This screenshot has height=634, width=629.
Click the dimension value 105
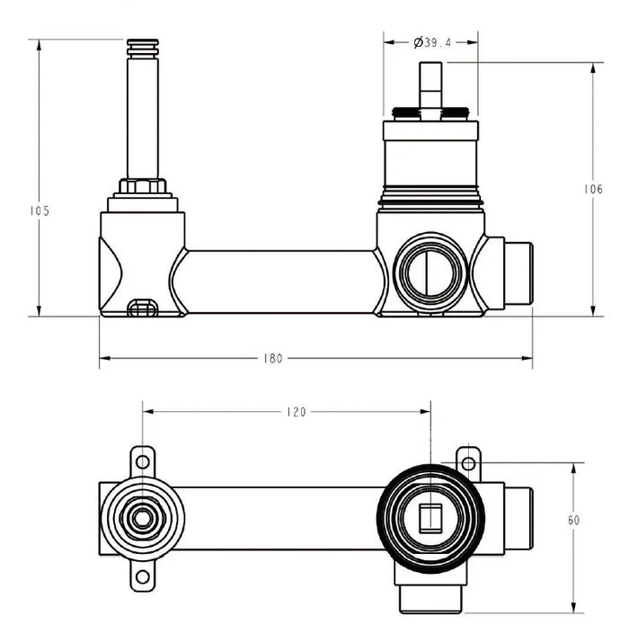point(39,211)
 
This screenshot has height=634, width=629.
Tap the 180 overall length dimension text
point(273,358)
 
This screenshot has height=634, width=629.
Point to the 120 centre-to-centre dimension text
point(296,412)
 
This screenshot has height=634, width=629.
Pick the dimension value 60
point(574,521)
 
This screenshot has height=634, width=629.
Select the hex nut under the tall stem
point(142,188)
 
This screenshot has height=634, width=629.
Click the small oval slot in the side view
point(143,308)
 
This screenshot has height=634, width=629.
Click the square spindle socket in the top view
point(430,519)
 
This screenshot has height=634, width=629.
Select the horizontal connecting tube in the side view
point(280,281)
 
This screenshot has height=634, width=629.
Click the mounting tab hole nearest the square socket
point(466,463)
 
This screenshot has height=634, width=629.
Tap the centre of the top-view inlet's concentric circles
point(142,519)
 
